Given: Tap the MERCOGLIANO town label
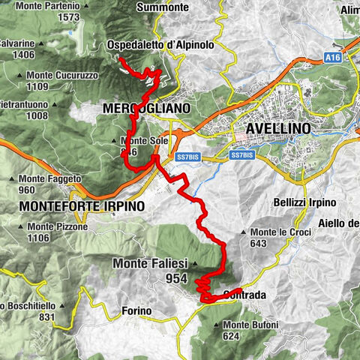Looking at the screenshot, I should [145, 109].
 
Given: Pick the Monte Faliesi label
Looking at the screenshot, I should [149, 263].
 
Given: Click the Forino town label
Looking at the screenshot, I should [135, 310].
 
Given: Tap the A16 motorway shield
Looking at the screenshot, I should [334, 57].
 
